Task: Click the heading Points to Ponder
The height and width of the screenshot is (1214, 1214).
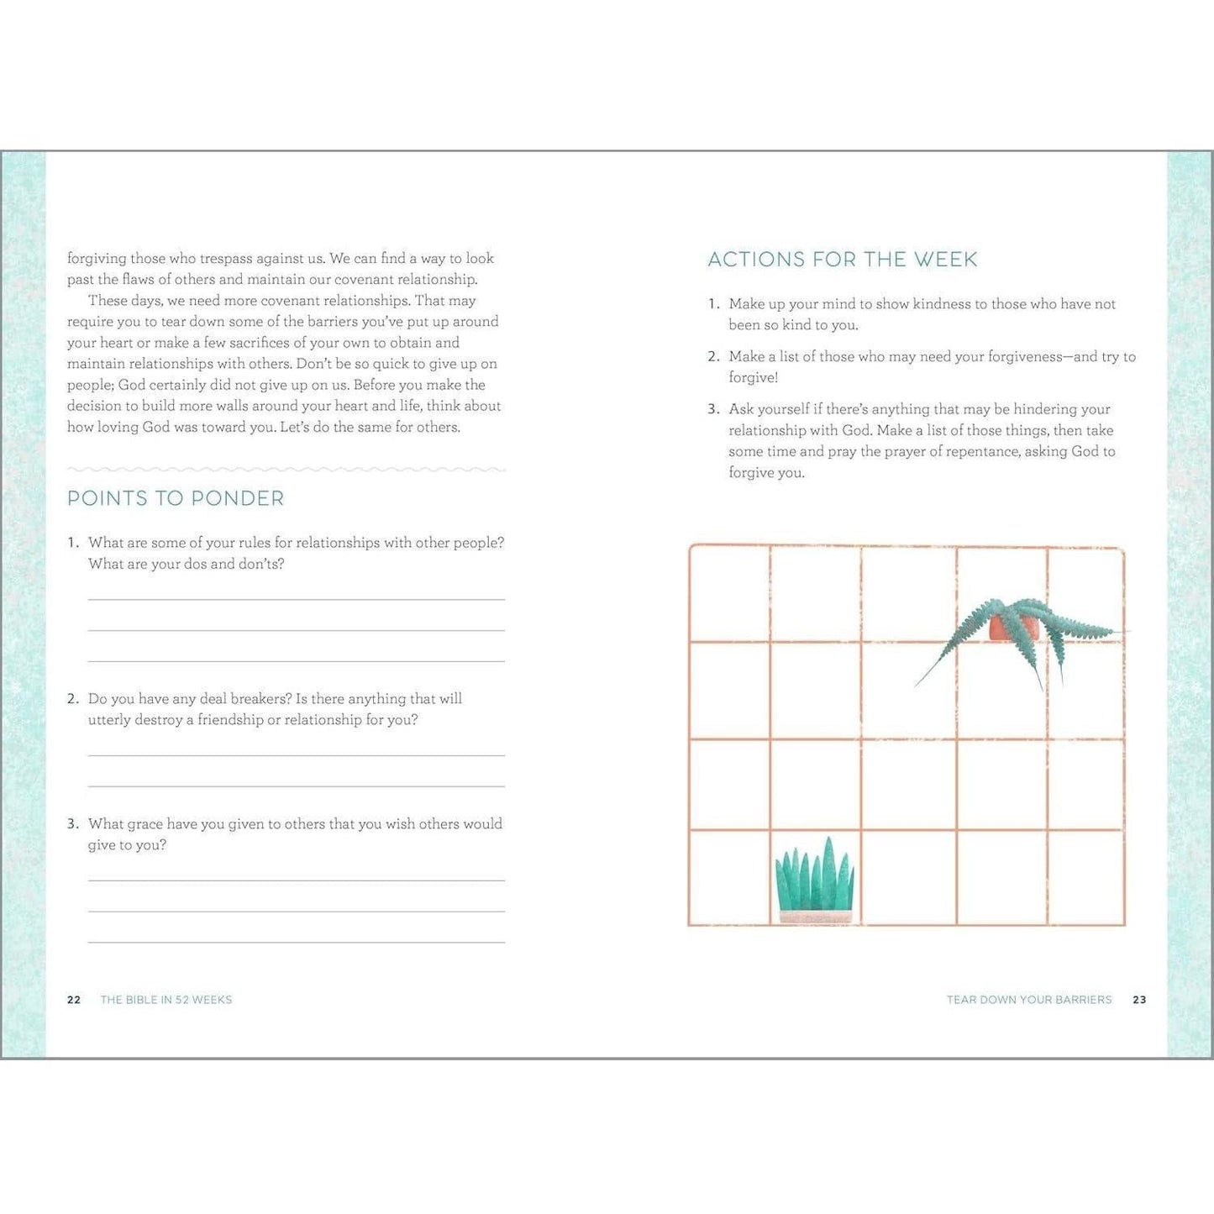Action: tap(176, 498)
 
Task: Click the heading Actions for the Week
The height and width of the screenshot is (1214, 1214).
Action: tap(842, 260)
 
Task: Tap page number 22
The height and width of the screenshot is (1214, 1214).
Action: tap(74, 1000)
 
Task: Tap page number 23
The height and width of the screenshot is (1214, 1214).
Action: tap(1139, 1000)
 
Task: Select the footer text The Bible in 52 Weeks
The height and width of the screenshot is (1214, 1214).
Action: tap(166, 1000)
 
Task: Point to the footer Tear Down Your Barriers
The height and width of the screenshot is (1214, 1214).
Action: tap(1029, 1000)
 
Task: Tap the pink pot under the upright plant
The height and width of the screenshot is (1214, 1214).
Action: tap(814, 917)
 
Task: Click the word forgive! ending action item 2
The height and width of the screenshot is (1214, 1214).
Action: tap(754, 378)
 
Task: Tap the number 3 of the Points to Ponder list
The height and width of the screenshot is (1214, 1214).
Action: tap(72, 824)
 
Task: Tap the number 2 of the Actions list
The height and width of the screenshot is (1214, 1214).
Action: tap(712, 357)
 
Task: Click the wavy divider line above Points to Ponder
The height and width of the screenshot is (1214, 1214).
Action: tap(286, 469)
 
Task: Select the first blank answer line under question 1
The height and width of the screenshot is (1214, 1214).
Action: tap(296, 599)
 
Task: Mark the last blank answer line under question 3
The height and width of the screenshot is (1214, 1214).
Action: tap(296, 942)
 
